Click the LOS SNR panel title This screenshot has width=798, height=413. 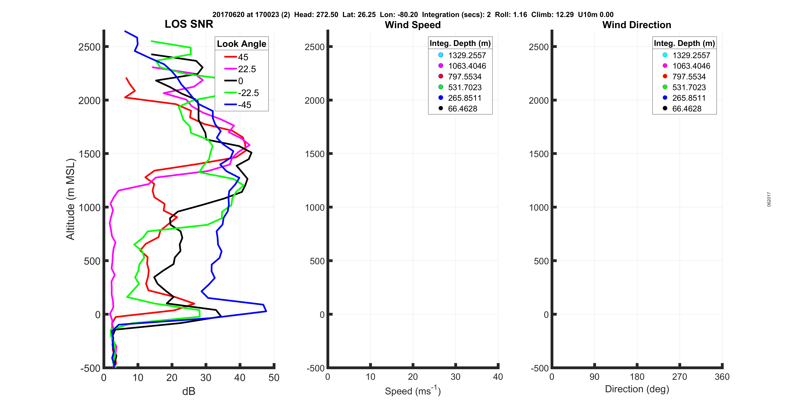point(189,24)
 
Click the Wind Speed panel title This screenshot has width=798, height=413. point(413,25)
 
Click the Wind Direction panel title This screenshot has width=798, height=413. point(637,25)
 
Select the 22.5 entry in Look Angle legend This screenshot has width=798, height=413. point(247,69)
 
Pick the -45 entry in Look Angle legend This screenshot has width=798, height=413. point(244,105)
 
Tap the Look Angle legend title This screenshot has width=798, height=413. point(241,44)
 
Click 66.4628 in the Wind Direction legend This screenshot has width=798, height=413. point(686,109)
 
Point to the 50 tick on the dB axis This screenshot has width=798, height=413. point(274,377)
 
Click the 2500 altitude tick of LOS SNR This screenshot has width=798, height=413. point(90,47)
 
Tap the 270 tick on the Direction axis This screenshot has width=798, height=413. point(679,377)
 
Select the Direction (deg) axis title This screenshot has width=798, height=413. point(637,389)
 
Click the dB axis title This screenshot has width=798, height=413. point(189,391)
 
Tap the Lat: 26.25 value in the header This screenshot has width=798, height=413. point(359,15)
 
